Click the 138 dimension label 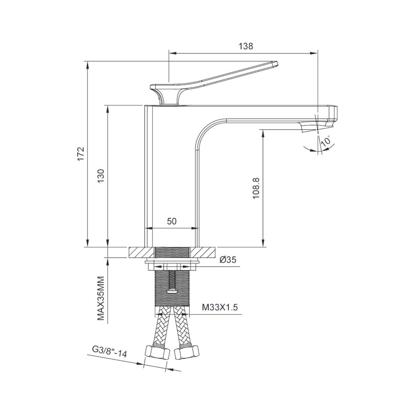tap(245, 45)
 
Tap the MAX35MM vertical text tap(101, 298)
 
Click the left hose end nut tap(152, 354)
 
